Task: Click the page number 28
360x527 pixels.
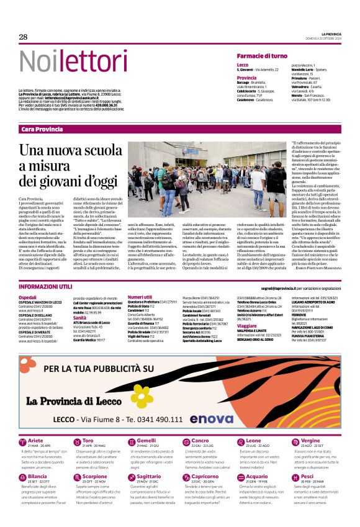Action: [x=24, y=37]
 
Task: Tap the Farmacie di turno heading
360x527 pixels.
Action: [x=262, y=56]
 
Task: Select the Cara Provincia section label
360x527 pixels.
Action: [x=42, y=128]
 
